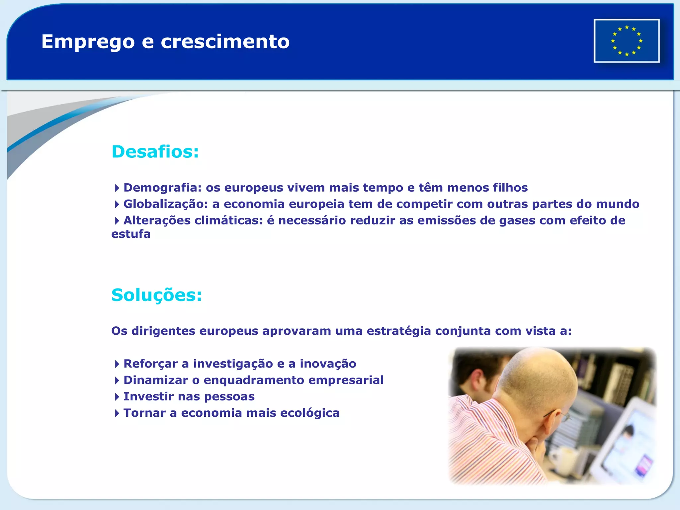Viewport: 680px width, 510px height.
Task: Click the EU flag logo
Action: coord(627,41)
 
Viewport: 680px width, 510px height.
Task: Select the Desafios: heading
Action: coord(155,152)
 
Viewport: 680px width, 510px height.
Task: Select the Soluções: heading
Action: coord(156,295)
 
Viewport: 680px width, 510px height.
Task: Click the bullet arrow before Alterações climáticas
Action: coord(117,221)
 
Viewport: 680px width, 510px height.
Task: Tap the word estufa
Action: coord(131,234)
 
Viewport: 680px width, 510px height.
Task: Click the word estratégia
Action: coord(398,331)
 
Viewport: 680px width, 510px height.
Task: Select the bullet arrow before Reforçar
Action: coord(117,364)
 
